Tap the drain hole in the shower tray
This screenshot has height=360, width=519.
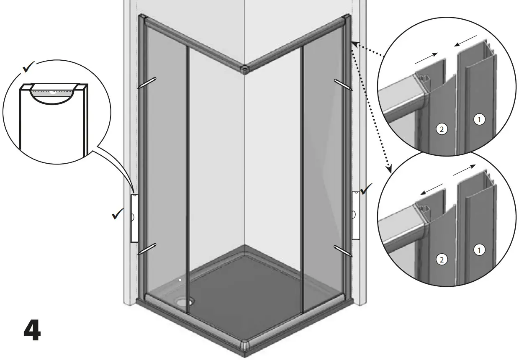pos(184,300)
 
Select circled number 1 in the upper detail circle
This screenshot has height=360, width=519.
pos(480,120)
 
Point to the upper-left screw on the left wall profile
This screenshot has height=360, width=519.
pos(147,83)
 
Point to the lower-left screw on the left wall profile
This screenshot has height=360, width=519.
pos(147,249)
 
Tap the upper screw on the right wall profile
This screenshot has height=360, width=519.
pos(343,84)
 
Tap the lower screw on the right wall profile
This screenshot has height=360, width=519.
pos(343,250)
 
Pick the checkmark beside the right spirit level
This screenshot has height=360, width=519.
pos(366,190)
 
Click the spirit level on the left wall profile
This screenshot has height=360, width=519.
pos(134,218)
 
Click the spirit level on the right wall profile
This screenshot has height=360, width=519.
pos(355,215)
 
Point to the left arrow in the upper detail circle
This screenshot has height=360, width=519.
pos(427,58)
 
